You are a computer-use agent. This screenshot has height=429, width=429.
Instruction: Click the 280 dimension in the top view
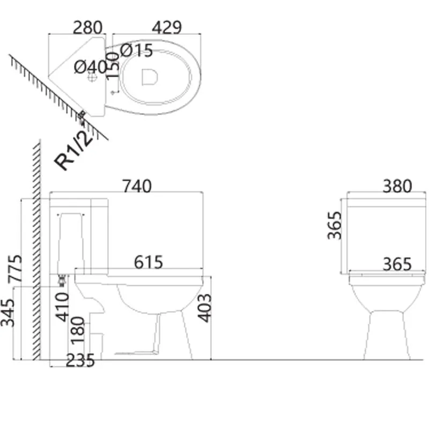[x=87, y=27]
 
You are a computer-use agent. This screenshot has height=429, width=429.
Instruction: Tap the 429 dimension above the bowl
[x=167, y=27]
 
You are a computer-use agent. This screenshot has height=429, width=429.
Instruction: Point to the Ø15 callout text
[x=136, y=50]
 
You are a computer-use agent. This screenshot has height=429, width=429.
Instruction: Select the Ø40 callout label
[x=91, y=66]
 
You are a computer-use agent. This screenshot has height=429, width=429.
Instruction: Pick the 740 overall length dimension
[x=137, y=186]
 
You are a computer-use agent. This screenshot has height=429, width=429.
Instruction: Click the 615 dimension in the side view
[x=149, y=262]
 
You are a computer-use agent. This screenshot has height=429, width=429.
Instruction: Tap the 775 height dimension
[x=15, y=269]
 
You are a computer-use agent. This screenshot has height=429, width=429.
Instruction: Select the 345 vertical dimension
[x=8, y=313]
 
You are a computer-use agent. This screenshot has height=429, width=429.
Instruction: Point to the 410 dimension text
[x=62, y=307]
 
